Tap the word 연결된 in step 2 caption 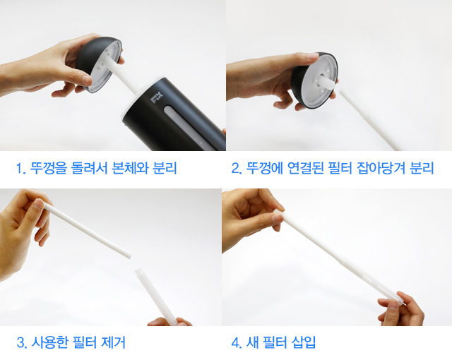pos(306,168)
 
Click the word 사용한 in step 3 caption pos(49,342)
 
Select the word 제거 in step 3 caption pos(113,342)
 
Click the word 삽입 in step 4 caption pos(304,342)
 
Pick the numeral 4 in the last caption pos(235,343)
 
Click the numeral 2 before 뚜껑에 pos(235,169)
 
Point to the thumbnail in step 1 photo pos(87,80)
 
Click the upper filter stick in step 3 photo pos(87,230)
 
